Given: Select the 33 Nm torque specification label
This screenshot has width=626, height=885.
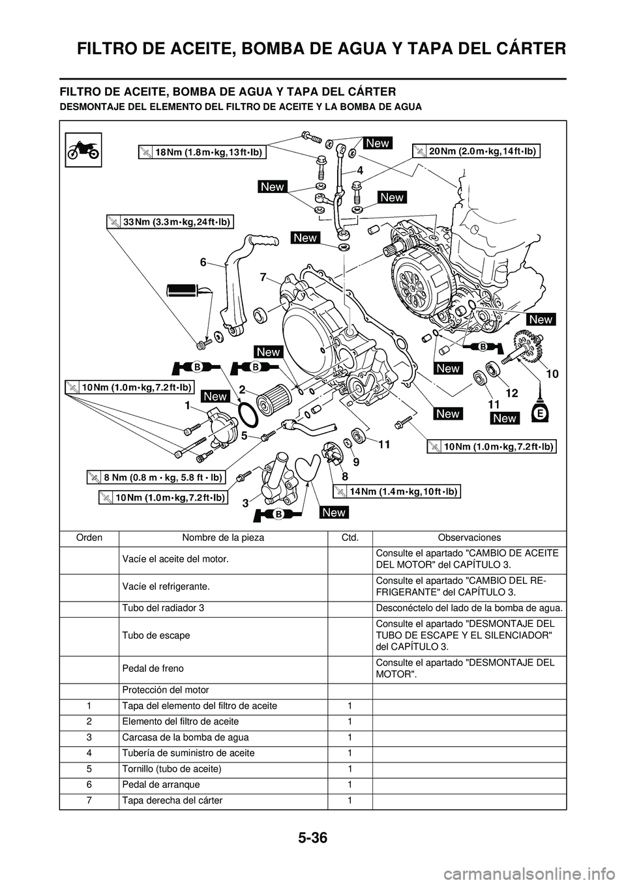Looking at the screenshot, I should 170,222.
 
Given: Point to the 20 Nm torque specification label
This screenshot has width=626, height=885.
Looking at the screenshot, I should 477,151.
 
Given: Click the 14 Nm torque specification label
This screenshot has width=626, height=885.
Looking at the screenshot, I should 397,491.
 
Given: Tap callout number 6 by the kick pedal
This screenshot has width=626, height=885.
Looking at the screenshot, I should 203,261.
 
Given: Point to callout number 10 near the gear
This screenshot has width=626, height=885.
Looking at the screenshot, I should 552,374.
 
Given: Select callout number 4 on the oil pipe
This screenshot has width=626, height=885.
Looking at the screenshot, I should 359,169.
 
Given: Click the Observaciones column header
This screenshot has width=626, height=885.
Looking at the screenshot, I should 469,538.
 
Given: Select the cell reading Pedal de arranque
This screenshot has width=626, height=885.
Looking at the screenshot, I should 161,784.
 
